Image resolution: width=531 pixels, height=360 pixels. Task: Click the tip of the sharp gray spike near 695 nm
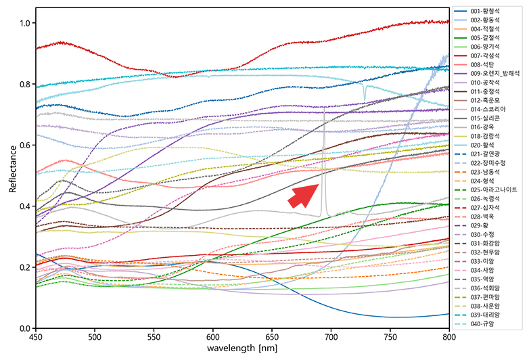click(325, 107)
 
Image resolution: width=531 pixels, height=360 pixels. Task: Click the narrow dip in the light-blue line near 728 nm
click(365, 97)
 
